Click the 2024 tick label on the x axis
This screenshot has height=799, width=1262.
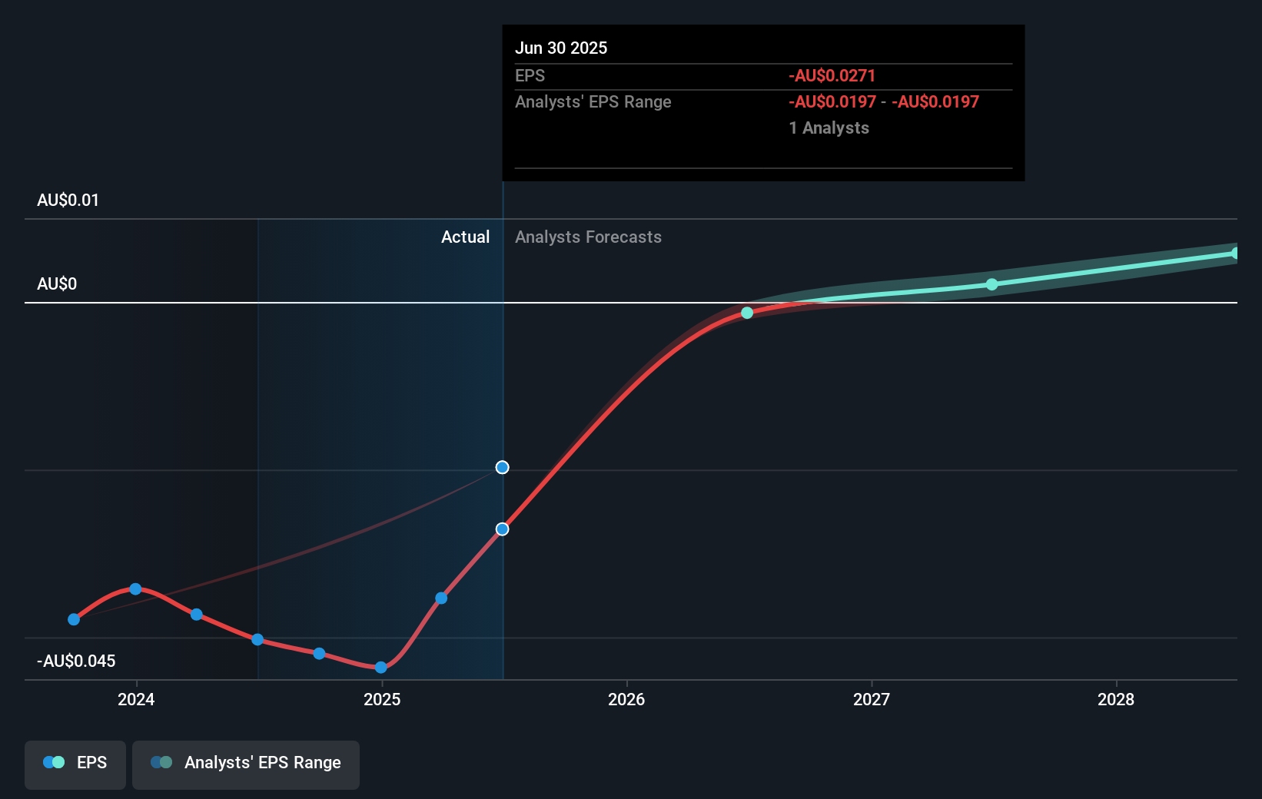pyautogui.click(x=136, y=699)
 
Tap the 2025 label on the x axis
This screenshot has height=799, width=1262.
pyautogui.click(x=382, y=699)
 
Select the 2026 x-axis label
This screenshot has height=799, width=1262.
pyautogui.click(x=626, y=699)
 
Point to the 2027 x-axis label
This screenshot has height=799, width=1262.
pyautogui.click(x=872, y=699)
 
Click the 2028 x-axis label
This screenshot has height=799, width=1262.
pyautogui.click(x=1116, y=699)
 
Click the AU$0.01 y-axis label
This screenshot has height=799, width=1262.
pyautogui.click(x=68, y=201)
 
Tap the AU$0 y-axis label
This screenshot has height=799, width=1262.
pyautogui.click(x=57, y=284)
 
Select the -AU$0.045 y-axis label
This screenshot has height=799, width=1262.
pyautogui.click(x=76, y=661)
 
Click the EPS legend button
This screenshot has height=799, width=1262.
pyautogui.click(x=75, y=763)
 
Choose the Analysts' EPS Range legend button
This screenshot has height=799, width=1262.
pyautogui.click(x=246, y=763)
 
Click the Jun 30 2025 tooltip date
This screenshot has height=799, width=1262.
pyautogui.click(x=561, y=48)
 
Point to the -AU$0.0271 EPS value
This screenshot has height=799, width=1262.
pyautogui.click(x=832, y=76)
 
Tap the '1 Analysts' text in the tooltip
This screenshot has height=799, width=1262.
pyautogui.click(x=829, y=128)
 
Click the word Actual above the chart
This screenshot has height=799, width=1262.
pyautogui.click(x=465, y=237)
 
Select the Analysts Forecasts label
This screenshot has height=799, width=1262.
pyautogui.click(x=588, y=237)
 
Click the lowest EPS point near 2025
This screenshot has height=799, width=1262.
pyautogui.click(x=380, y=668)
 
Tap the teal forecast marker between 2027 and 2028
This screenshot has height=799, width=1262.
pyautogui.click(x=992, y=284)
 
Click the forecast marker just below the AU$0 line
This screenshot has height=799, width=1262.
pyautogui.click(x=747, y=313)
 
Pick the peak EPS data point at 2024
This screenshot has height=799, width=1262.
pyautogui.click(x=135, y=589)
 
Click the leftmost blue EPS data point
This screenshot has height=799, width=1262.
pyautogui.click(x=74, y=619)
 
